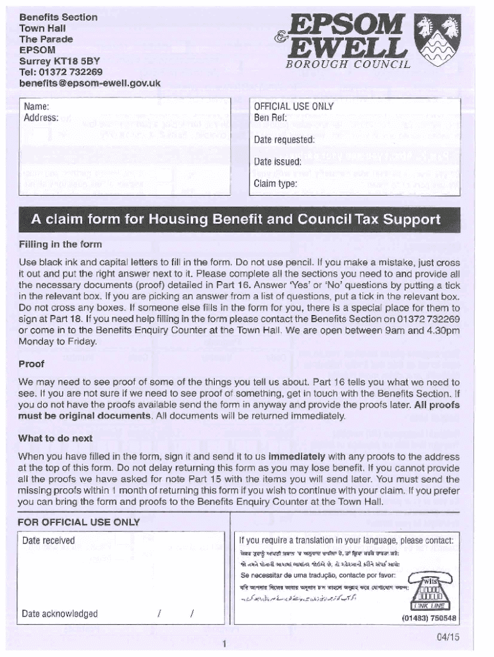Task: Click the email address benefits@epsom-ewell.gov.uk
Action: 90,83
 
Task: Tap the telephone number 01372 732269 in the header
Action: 60,72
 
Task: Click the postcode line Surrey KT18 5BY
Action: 60,61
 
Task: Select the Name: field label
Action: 37,107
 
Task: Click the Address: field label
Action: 41,117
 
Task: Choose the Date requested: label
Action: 284,140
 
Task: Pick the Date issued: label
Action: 277,162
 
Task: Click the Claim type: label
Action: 275,183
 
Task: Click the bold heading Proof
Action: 31,364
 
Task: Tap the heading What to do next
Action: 55,438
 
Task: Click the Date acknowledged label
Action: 60,613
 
